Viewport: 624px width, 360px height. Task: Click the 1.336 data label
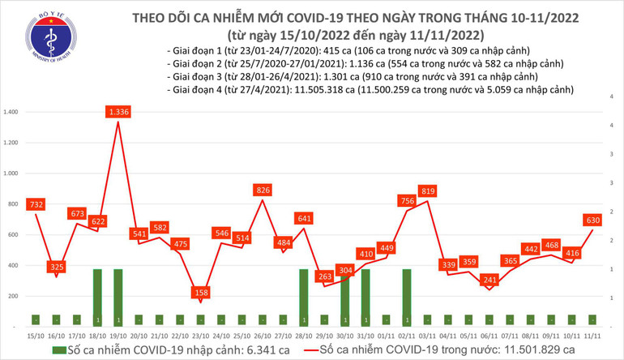pos(118,112)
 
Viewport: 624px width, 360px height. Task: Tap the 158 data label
pos(200,293)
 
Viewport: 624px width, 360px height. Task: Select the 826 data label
pos(262,190)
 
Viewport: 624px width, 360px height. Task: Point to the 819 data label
pos(429,191)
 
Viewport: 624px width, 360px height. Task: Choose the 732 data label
pos(35,204)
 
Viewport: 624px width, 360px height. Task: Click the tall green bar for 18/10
pos(97,298)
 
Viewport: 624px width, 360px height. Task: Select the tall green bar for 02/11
pos(407,298)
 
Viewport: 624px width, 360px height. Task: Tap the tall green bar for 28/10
pos(304,298)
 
